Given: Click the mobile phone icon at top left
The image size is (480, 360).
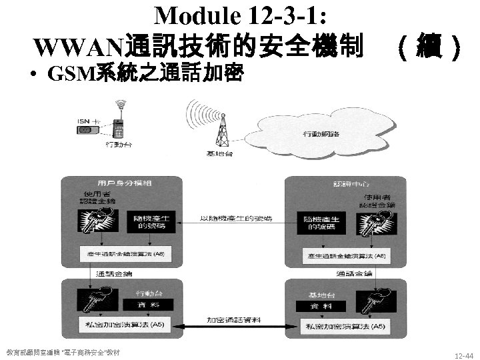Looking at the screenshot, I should [x=121, y=123].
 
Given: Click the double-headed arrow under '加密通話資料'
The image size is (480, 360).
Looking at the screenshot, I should [x=233, y=325].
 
